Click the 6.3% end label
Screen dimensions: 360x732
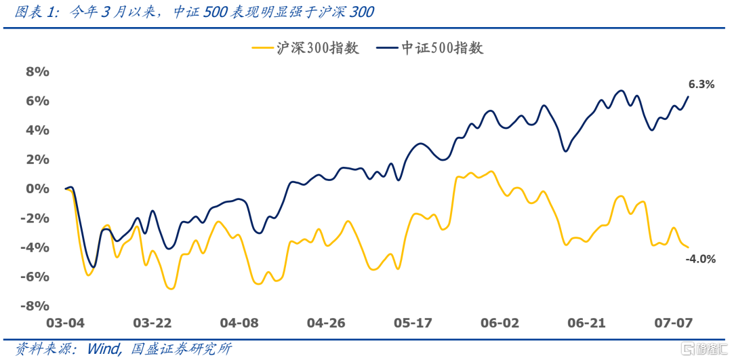(701, 85)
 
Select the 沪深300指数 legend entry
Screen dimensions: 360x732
(305, 48)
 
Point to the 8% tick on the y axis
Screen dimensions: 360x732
(37, 72)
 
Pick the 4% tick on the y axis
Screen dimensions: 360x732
(37, 130)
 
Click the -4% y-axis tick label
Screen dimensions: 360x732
(35, 247)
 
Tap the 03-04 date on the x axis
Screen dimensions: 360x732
(66, 323)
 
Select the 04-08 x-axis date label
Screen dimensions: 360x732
(240, 323)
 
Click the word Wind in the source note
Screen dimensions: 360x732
(100, 349)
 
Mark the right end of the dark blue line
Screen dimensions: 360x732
(688, 96)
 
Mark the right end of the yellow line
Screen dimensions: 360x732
(688, 247)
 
